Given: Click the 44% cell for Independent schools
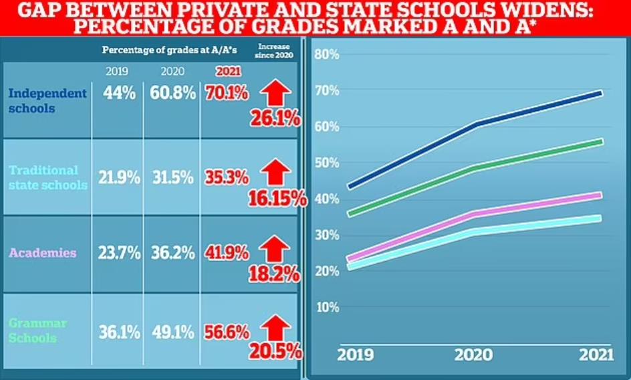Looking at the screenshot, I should point(120,94).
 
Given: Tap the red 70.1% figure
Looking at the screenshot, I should point(227,94).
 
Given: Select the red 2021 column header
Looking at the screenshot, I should point(227,72).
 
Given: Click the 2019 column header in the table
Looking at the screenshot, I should point(118,72).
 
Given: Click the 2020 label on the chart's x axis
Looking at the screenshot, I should point(474,355).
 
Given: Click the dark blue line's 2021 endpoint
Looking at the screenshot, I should point(600,93).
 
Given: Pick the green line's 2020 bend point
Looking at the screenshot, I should point(475,167).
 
